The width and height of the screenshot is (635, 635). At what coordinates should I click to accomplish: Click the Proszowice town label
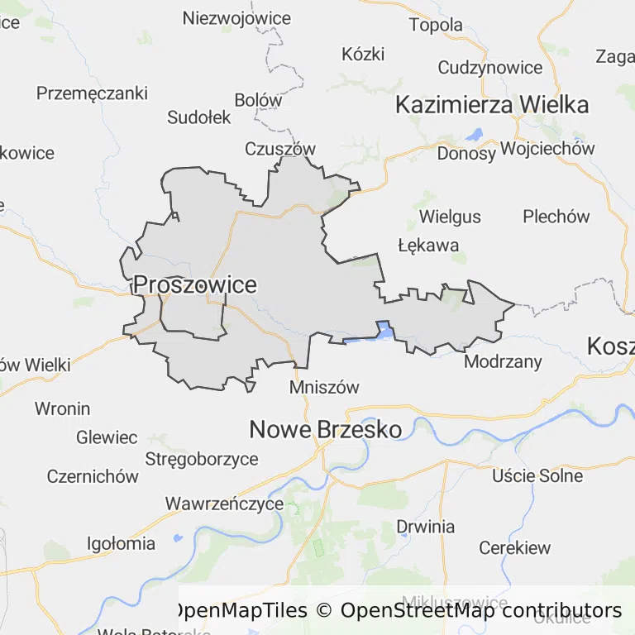[x=194, y=285]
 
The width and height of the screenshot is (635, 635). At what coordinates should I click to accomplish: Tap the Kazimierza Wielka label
[x=492, y=105]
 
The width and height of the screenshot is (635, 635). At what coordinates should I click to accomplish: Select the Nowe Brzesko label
[x=326, y=429]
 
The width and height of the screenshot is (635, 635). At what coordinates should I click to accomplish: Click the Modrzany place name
[x=503, y=361]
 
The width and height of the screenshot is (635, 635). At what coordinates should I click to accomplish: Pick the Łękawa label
[x=428, y=246]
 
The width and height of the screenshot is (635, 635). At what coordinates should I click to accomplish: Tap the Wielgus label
[x=450, y=217]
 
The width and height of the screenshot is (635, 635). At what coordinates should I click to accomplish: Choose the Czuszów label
[x=280, y=149]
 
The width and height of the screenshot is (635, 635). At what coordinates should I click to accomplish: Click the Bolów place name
[x=258, y=100]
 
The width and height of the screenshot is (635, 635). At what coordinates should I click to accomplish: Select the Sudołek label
[x=199, y=117]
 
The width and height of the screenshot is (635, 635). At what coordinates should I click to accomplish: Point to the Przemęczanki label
[x=92, y=93]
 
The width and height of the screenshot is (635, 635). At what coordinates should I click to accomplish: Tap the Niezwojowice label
[x=236, y=18]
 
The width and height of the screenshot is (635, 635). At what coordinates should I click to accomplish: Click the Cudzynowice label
[x=490, y=68]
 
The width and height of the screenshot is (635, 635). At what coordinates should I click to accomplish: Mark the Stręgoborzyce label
[x=202, y=459]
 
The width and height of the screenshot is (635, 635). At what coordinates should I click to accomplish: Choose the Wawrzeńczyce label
[x=224, y=504]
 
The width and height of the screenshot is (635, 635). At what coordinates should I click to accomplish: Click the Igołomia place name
[x=122, y=543]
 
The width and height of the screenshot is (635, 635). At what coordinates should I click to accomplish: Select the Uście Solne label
[x=537, y=475]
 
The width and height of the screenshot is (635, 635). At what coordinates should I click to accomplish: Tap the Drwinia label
[x=426, y=527]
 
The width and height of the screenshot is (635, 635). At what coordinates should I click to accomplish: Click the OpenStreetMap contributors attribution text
[x=480, y=611]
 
